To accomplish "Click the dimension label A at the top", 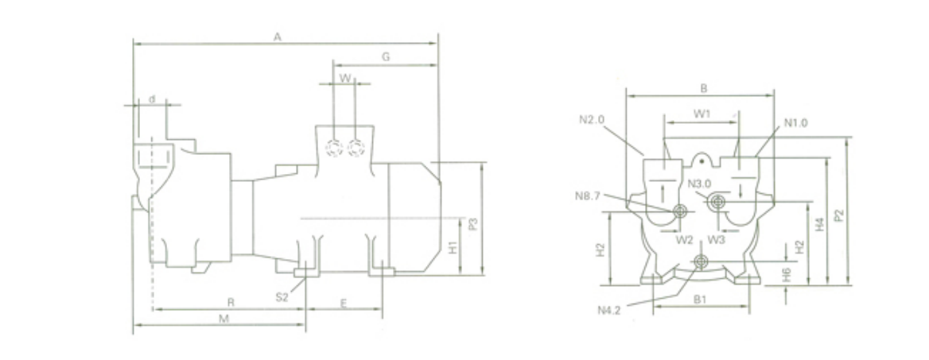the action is [x=277, y=37].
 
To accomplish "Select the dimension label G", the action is [x=386, y=57].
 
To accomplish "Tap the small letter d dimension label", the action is [x=152, y=99].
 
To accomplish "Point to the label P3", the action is [x=472, y=224].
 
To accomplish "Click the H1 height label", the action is [x=453, y=247].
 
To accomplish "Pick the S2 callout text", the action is [x=282, y=297].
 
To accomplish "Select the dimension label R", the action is [x=231, y=302].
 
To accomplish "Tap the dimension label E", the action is [x=343, y=303].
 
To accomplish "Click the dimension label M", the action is [x=224, y=319].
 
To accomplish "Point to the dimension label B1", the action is [x=700, y=300].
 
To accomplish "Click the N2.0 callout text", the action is [x=591, y=120].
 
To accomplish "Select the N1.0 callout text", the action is [x=795, y=123].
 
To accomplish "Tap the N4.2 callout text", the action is [x=609, y=310].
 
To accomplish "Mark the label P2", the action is [x=838, y=215].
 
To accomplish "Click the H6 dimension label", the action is [x=786, y=274].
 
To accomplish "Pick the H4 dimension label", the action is [x=819, y=224].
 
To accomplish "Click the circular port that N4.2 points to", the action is [x=701, y=261].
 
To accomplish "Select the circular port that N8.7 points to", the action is [x=679, y=211].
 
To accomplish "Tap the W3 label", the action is [x=716, y=240].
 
